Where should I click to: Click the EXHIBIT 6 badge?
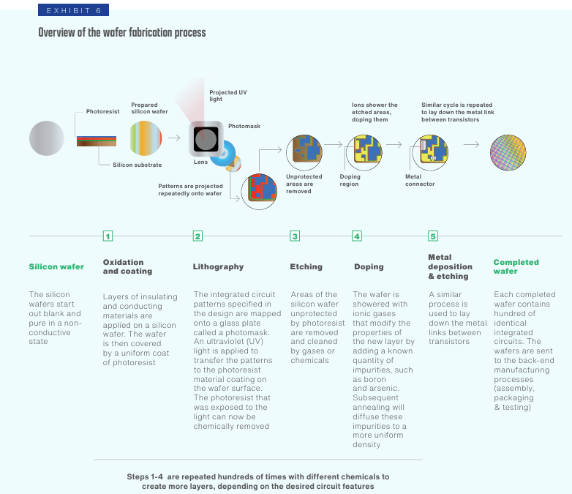pos(73,10)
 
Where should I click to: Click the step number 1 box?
pos(108,236)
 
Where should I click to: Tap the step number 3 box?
pos(295,236)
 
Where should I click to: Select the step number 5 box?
pos(432,236)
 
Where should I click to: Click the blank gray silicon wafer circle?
pos(47,138)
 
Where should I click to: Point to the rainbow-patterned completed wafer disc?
pos(508,153)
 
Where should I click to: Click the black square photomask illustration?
pos(206,139)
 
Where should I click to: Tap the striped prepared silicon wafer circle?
pos(146,138)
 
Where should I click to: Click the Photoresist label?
pos(102,111)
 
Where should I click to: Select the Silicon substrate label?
pos(138,165)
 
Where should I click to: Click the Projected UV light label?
pos(228,96)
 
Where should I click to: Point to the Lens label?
pos(200,162)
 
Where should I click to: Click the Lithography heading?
pos(218,266)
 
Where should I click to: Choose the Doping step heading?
pos(369,266)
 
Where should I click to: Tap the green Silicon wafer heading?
pos(56,266)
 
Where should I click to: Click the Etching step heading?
pos(306,266)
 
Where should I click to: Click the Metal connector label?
pos(420,180)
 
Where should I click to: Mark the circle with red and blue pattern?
pos(259,191)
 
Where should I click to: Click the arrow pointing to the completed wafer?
pos(471,145)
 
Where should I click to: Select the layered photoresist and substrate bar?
pos(97,141)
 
